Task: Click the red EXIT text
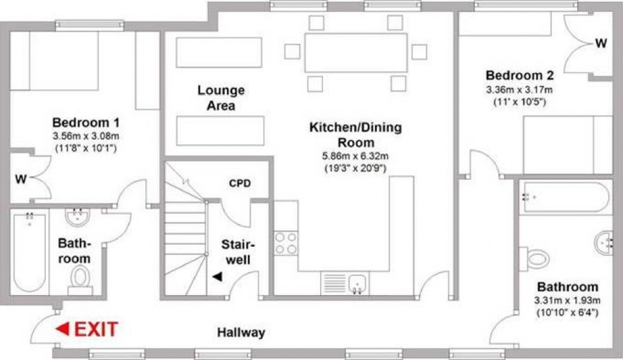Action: click(96, 329)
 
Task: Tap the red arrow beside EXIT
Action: click(62, 329)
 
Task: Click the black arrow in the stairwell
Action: click(218, 277)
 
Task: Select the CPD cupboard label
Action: click(240, 184)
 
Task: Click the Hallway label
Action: click(241, 333)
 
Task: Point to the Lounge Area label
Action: click(221, 98)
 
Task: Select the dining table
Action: click(355, 53)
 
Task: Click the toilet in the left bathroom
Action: click(80, 278)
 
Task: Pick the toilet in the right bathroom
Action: click(536, 258)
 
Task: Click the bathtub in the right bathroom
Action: click(563, 197)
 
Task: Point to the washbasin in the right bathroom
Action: click(605, 242)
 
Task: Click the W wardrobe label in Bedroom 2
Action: click(600, 44)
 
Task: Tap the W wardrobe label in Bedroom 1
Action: click(21, 179)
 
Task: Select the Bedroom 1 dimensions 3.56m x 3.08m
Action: click(86, 136)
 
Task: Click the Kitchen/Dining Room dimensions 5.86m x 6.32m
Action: click(355, 156)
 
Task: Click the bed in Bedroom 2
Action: click(558, 144)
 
